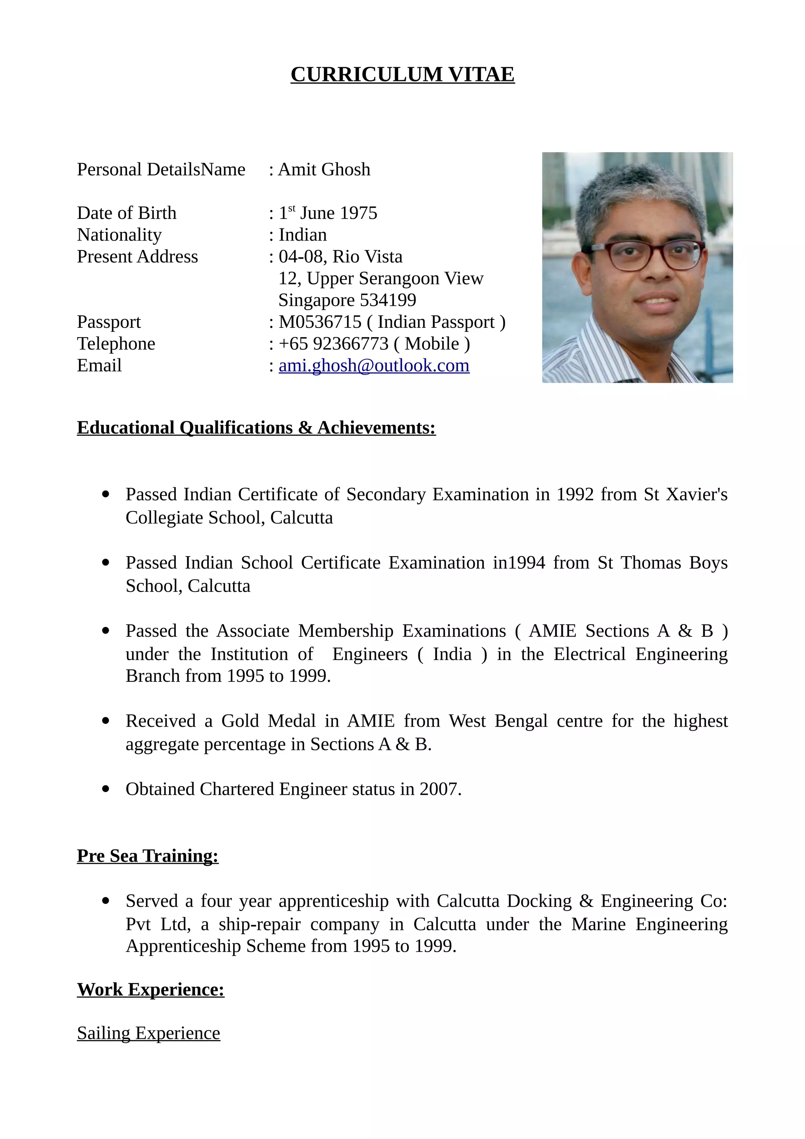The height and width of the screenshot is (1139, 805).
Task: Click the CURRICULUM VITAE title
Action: (x=402, y=74)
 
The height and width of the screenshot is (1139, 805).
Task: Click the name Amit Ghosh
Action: (x=324, y=170)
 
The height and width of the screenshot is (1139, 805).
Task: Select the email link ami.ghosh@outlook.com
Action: (x=374, y=366)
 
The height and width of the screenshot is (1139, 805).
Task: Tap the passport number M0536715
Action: (x=320, y=322)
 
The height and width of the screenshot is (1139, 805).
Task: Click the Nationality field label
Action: (x=119, y=235)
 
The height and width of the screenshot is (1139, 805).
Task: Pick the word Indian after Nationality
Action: (x=303, y=235)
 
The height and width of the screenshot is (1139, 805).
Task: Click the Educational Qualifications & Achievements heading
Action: (x=256, y=428)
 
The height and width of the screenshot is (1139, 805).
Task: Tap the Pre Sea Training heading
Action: (x=147, y=856)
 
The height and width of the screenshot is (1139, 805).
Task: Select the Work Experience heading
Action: (x=150, y=990)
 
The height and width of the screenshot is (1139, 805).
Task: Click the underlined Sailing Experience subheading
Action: (x=148, y=1033)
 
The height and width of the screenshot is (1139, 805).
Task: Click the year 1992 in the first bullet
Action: (x=574, y=494)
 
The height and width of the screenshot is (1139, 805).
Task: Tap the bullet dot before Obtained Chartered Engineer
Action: (x=105, y=789)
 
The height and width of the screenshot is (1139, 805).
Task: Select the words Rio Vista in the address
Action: (x=367, y=257)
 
